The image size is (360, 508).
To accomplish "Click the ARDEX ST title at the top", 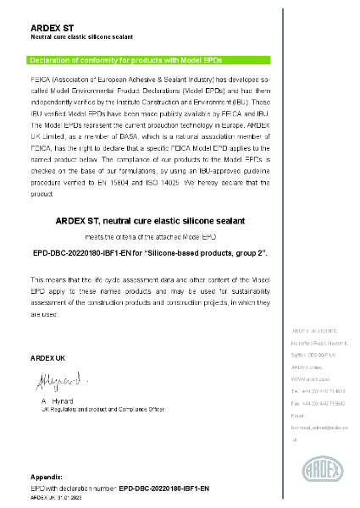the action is tap(53, 28).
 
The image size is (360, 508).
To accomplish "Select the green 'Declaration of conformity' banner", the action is tap(150, 60).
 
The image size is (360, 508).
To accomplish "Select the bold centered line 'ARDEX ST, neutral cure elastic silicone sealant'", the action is tap(150, 220).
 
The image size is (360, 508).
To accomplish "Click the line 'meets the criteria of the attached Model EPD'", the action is tap(149, 237).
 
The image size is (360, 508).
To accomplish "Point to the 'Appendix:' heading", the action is tap(46, 479).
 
